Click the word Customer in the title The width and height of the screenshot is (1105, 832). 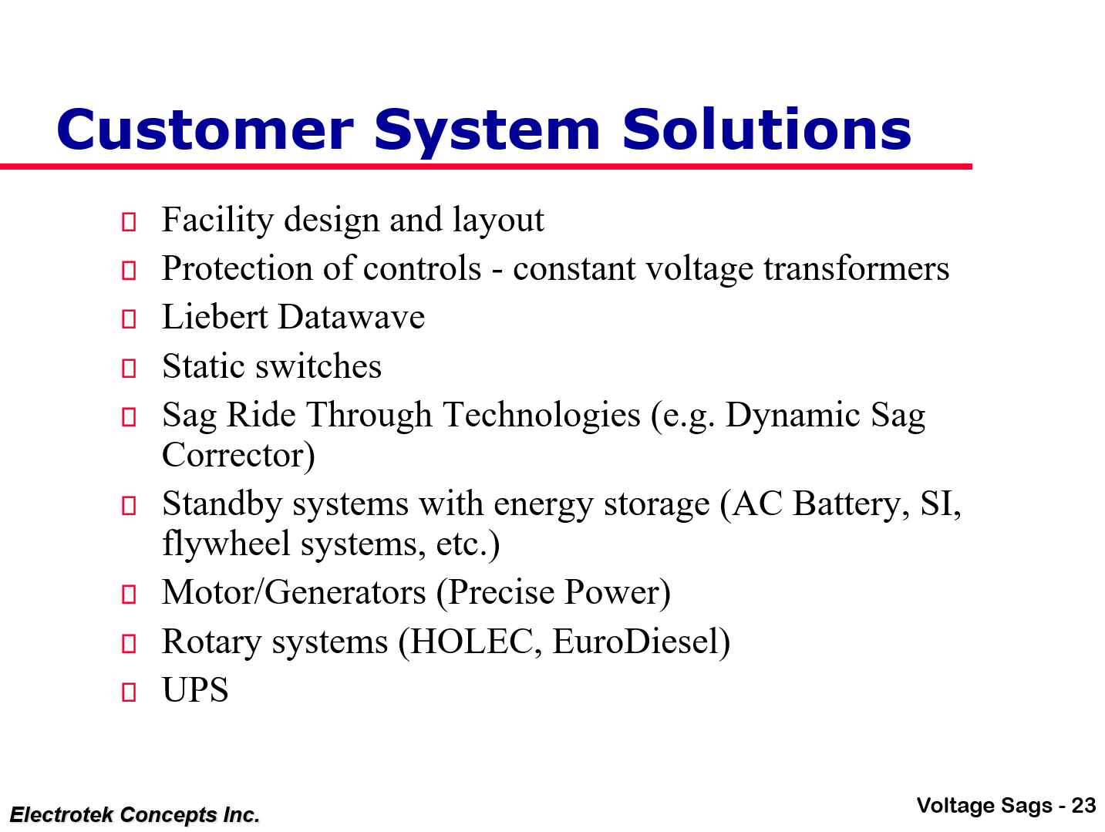click(x=204, y=130)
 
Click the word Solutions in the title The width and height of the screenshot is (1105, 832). click(x=766, y=130)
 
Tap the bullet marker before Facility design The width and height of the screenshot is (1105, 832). click(x=129, y=223)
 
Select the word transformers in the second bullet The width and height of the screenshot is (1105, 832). click(x=856, y=269)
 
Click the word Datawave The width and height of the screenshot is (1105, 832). click(x=352, y=318)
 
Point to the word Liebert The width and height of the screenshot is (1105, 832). click(x=215, y=318)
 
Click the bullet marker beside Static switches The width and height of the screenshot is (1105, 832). click(x=129, y=369)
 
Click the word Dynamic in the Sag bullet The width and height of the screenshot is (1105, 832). click(x=793, y=416)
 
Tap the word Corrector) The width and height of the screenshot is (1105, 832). click(x=238, y=456)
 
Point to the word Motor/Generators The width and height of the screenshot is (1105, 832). click(x=294, y=593)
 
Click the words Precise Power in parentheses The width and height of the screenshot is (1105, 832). click(x=553, y=593)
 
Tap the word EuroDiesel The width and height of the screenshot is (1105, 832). click(x=640, y=642)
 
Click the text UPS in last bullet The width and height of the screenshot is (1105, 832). click(x=195, y=690)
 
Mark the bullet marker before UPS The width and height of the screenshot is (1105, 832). click(x=129, y=692)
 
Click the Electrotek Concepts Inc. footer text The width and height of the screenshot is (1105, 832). click(x=135, y=814)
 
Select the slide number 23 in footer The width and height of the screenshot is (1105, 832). click(x=1083, y=806)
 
